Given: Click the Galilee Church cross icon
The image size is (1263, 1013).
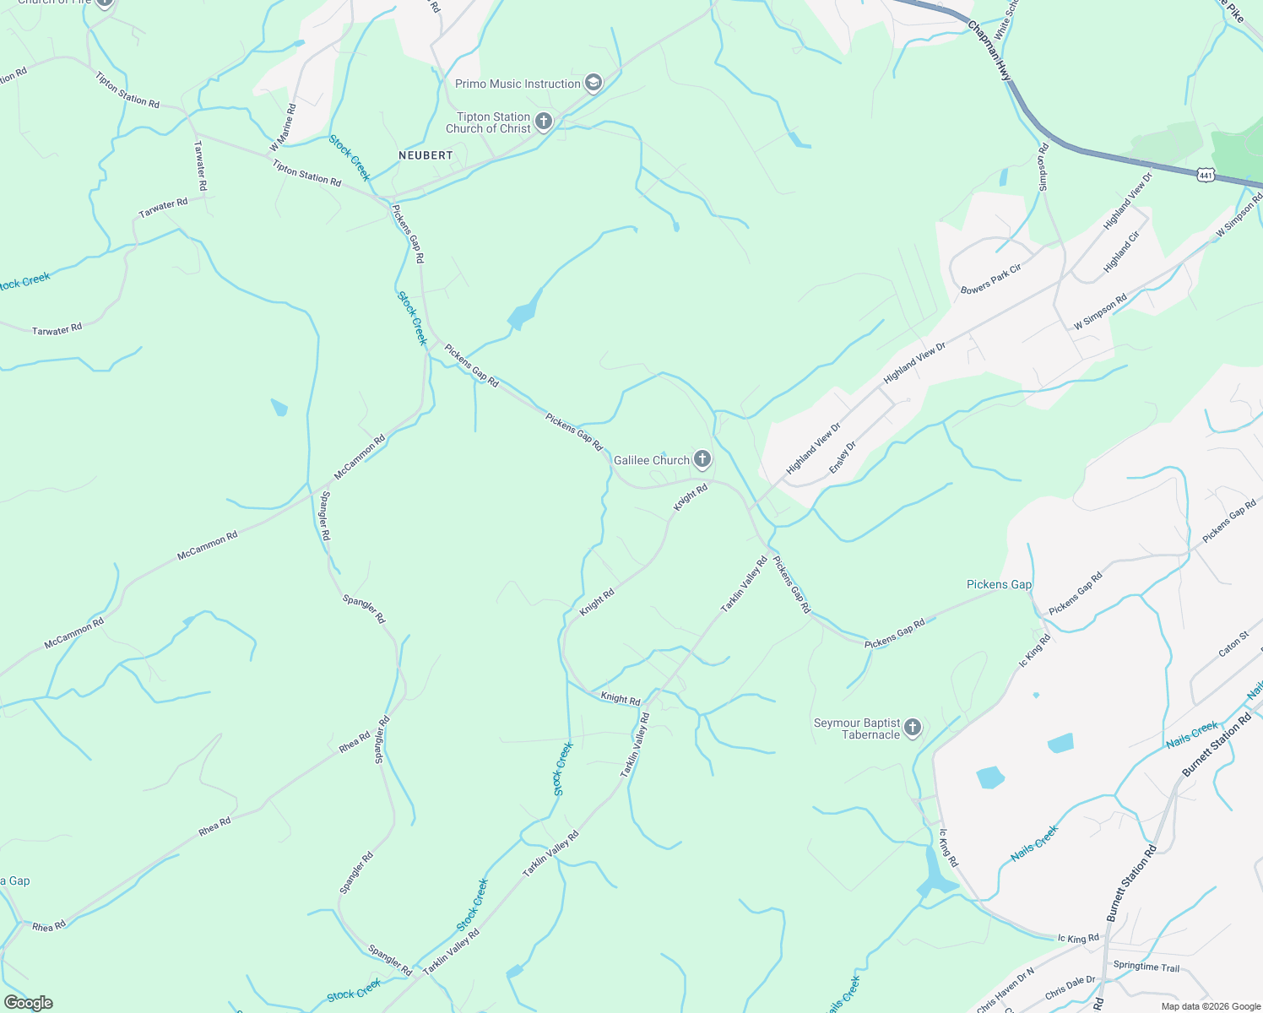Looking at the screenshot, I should [702, 459].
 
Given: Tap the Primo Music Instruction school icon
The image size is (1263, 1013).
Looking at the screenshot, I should [594, 83].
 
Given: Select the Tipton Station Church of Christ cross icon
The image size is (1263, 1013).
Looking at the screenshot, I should [543, 122].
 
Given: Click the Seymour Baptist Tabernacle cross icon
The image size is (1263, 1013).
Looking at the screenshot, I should [912, 728].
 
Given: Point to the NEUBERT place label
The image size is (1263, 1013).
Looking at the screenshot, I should [426, 155].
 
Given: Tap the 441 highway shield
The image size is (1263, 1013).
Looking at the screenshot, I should [1205, 175].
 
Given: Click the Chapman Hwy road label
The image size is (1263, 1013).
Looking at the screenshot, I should [989, 51].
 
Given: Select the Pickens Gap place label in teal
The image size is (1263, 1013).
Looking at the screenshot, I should [999, 584].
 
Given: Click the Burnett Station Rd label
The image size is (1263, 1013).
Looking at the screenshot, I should [1217, 745].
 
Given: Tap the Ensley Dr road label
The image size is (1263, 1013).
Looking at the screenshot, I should [843, 457].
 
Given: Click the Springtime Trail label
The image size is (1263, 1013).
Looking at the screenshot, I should [1146, 967].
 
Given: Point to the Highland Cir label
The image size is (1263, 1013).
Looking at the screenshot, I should [1122, 252].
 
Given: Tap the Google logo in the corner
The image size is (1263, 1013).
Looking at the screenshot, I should [29, 1003].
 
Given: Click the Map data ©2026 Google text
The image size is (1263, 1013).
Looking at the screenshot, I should [1211, 1006].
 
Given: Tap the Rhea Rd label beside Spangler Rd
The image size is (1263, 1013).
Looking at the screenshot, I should [355, 743].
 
